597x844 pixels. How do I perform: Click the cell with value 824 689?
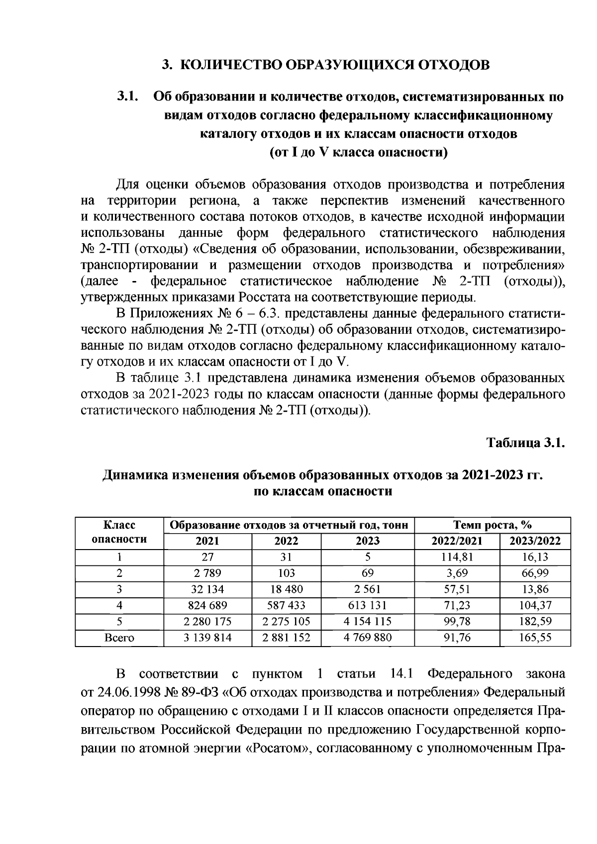click(208, 605)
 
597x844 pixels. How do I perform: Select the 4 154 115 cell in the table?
click(368, 621)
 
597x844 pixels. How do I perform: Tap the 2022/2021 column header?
click(457, 541)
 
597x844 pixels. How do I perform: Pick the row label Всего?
click(119, 638)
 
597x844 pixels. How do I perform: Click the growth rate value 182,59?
click(535, 621)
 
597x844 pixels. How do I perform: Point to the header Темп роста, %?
click(493, 525)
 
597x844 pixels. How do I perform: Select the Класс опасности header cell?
click(119, 533)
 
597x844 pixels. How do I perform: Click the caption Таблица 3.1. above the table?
click(526, 443)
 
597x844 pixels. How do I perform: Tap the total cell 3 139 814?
click(208, 638)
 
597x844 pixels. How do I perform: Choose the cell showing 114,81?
click(457, 557)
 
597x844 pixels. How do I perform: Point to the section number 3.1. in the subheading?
click(127, 96)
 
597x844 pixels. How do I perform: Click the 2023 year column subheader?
click(368, 541)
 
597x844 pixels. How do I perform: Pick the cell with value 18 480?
click(287, 589)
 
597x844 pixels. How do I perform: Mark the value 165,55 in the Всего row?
click(535, 638)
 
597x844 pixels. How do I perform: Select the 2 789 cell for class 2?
click(208, 573)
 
